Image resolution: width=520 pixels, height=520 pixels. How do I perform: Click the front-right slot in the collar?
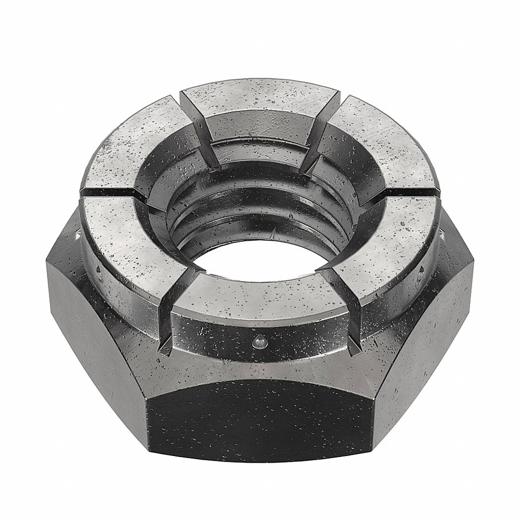tap(333, 283)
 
